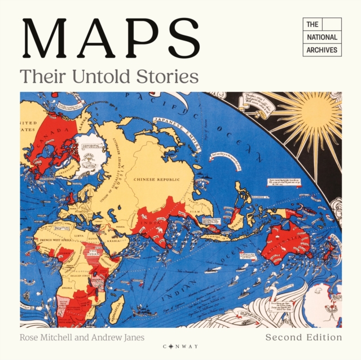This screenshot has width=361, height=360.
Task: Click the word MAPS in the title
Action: [110, 41]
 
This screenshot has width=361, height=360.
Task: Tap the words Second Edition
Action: [303, 337]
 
